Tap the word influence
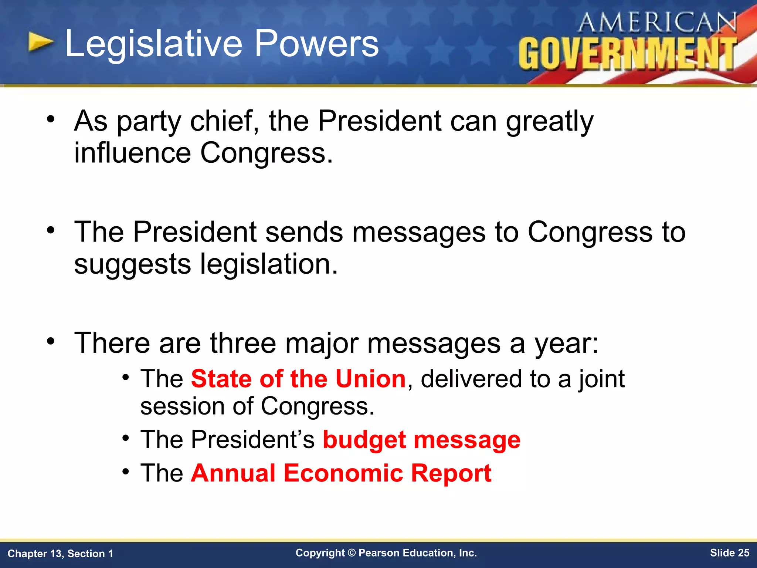click(x=132, y=153)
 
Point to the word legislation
click(x=269, y=264)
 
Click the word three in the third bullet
click(x=243, y=343)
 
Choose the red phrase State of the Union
click(x=298, y=379)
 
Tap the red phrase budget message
click(x=421, y=440)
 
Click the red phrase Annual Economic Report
click(x=341, y=473)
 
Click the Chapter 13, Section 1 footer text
click(x=60, y=554)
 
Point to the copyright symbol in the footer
click(x=352, y=553)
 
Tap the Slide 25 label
click(x=729, y=553)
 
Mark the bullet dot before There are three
click(x=51, y=341)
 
